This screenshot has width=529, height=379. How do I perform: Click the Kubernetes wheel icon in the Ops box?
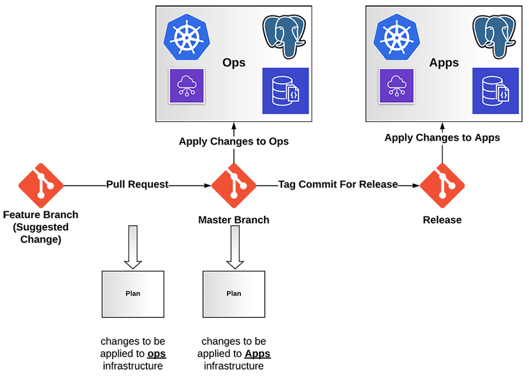(x=187, y=36)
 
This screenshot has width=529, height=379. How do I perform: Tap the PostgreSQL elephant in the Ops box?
(x=285, y=35)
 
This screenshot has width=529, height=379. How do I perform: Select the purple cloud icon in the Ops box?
(x=187, y=86)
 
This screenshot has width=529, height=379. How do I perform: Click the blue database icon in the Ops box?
(x=285, y=91)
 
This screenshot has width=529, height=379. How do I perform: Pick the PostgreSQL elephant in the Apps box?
(x=495, y=35)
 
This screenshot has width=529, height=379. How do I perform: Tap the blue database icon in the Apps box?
(x=495, y=91)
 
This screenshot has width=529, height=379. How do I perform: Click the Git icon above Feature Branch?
(x=41, y=185)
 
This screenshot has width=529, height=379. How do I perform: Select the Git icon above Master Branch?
(x=234, y=185)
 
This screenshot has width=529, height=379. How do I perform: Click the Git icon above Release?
(x=442, y=185)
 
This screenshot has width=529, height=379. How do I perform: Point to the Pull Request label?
(x=138, y=185)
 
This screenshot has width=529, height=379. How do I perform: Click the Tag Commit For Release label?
(x=337, y=185)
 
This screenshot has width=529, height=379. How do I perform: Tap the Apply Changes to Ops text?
(x=234, y=141)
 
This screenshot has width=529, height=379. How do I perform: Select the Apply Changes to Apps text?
(x=442, y=138)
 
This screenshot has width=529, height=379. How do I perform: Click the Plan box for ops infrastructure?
(x=133, y=293)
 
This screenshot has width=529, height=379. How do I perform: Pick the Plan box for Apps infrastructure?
(x=234, y=293)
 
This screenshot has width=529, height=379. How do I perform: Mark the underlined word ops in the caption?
(x=156, y=354)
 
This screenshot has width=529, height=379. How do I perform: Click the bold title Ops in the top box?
(x=234, y=63)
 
